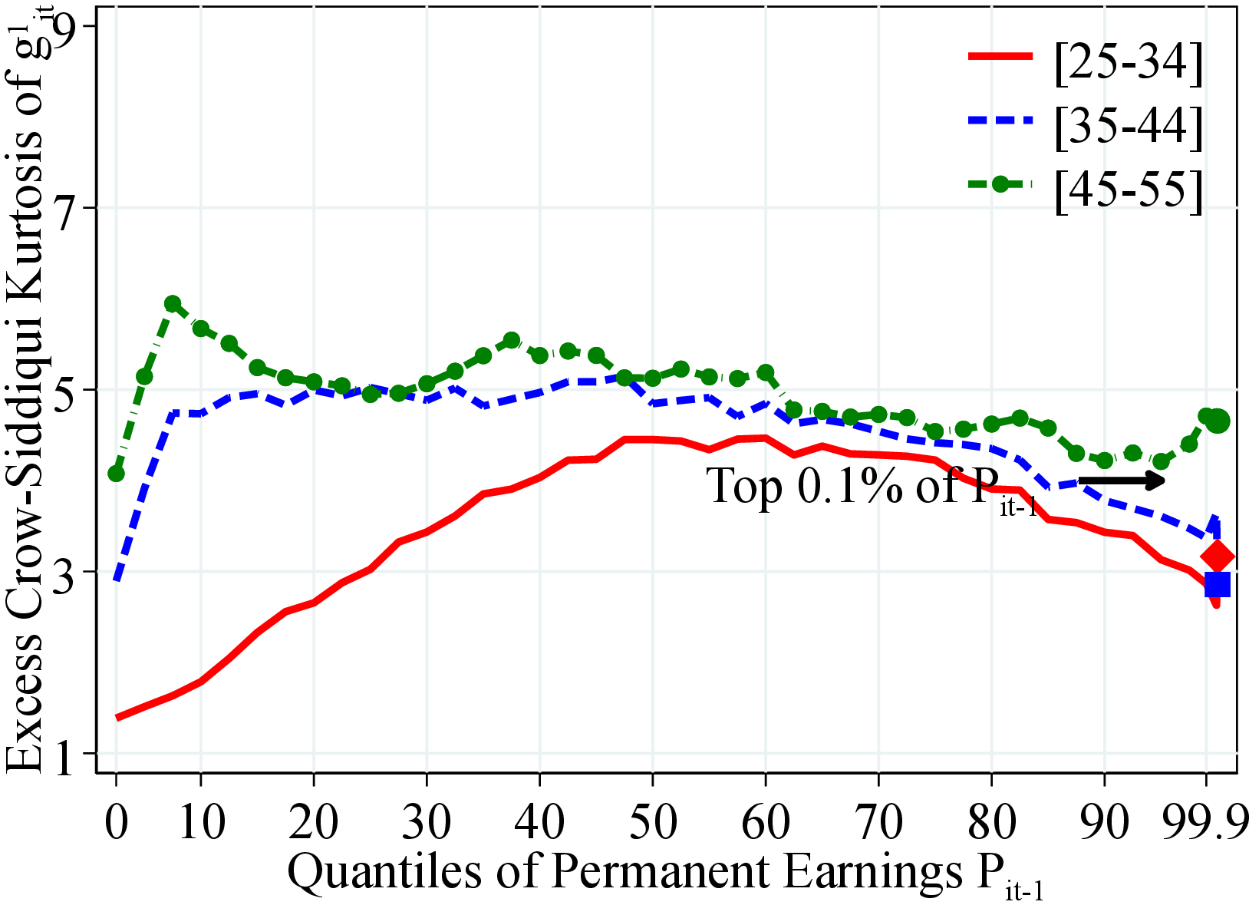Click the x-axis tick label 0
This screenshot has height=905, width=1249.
pyautogui.click(x=116, y=821)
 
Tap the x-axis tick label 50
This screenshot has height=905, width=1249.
pyautogui.click(x=652, y=821)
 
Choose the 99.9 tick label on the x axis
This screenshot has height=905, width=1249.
pyautogui.click(x=1205, y=821)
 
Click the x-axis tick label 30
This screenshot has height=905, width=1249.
pyautogui.click(x=427, y=821)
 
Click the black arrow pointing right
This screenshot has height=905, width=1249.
pyautogui.click(x=1122, y=481)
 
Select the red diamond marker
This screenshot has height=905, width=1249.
pyautogui.click(x=1218, y=557)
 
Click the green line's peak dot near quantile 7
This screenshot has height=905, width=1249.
pyautogui.click(x=173, y=304)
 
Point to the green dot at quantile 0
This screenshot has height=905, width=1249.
pyautogui.click(x=117, y=474)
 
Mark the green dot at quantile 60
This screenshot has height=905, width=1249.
pyautogui.click(x=765, y=373)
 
